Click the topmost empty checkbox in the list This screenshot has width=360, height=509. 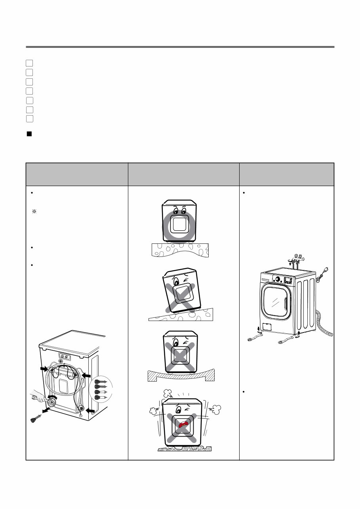pos(29,63)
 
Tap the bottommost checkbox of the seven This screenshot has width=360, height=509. pos(29,118)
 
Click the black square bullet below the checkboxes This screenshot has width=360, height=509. pos(29,134)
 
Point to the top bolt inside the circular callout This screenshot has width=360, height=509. pos(99,382)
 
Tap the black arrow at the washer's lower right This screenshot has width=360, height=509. pos(90,412)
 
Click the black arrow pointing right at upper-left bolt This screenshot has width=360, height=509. pos(43,368)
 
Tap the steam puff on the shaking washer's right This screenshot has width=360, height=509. pos(217,409)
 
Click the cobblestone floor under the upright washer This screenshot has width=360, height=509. pos(180,250)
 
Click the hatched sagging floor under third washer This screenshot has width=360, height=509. pos(181,376)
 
